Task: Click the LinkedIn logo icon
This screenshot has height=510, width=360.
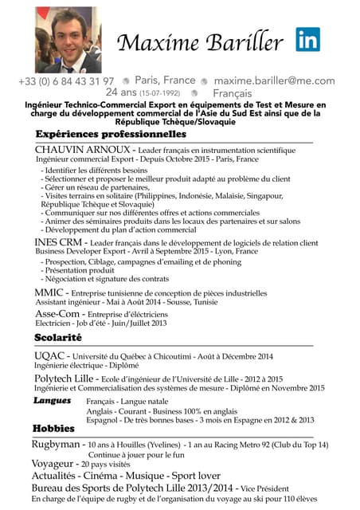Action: pyautogui.click(x=308, y=40)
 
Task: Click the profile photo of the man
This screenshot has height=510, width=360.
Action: pyautogui.click(x=68, y=41)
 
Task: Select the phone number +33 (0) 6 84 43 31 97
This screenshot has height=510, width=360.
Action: pyautogui.click(x=67, y=81)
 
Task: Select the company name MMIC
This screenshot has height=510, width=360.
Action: pyautogui.click(x=49, y=293)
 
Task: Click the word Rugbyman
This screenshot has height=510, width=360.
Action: pyautogui.click(x=57, y=444)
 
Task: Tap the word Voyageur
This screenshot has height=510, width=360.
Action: pyautogui.click(x=54, y=464)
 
